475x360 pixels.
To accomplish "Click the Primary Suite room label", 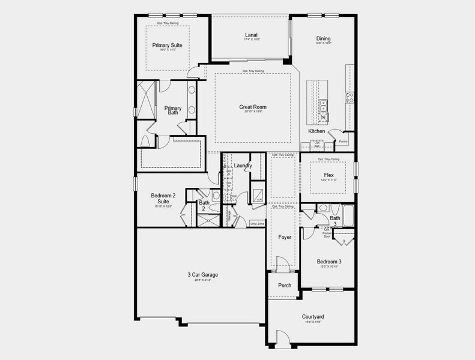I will coord(167,45).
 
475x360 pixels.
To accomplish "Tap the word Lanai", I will coord(251,35).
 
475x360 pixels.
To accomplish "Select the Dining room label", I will coord(323,39).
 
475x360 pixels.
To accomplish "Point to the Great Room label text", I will coord(253,107).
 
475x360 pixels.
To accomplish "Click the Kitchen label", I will coord(316,131).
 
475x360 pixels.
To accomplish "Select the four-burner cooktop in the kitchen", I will coord(349,97).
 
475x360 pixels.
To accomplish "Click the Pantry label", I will coord(343,142).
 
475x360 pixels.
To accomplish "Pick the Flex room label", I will coord(328,175).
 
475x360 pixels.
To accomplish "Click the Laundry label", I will coord(243,166).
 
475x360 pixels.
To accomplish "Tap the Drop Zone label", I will coord(257,224).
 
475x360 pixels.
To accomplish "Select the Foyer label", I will coord(285,237).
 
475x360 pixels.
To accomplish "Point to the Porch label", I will coord(285,285).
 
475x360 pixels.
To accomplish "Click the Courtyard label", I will coord(313,316).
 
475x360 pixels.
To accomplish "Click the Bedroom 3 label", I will coord(329,262).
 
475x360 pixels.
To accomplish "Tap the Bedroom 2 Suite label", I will coord(163,199).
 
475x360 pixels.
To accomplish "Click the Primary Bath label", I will coord(173,110).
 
